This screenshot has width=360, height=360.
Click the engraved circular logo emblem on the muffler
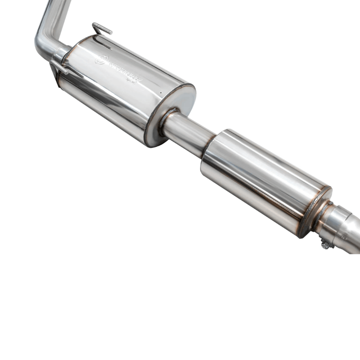100,59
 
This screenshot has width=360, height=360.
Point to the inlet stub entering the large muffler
63,52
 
